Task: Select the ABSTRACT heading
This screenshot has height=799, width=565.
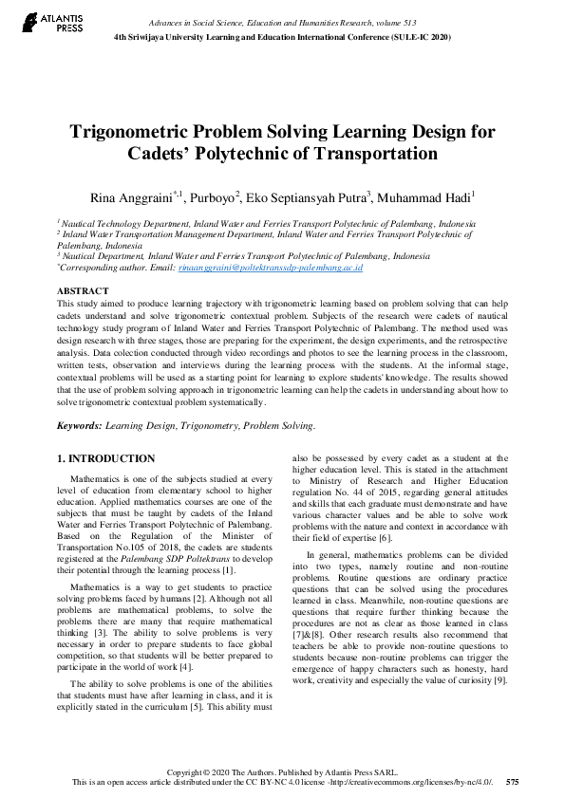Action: [x=84, y=289]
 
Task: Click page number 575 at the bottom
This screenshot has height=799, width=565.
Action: [x=513, y=783]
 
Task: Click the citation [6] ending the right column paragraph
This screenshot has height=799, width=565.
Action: [x=386, y=538]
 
